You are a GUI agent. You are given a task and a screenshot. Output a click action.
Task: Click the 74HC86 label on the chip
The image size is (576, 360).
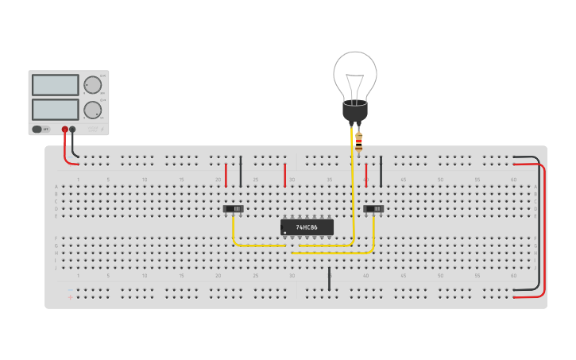[307, 227]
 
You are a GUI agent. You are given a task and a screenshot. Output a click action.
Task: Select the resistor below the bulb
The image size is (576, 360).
[358, 143]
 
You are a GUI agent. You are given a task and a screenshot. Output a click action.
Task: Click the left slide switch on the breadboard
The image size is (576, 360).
[233, 209]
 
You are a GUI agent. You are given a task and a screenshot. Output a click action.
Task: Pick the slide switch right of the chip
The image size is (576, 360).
[373, 209]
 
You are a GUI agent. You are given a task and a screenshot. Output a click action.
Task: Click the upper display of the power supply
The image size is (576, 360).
[55, 85]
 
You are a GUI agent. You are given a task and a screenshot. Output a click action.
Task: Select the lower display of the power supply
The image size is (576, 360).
[55, 109]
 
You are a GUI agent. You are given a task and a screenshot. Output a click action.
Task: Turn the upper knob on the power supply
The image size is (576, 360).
[93, 85]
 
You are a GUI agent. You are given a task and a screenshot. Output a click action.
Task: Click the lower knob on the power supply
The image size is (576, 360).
[93, 110]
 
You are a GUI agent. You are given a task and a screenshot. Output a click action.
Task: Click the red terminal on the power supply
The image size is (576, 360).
[65, 129]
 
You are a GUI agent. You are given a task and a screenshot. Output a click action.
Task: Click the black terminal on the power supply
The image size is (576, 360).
[72, 129]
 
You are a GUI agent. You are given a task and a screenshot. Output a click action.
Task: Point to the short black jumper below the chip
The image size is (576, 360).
[329, 278]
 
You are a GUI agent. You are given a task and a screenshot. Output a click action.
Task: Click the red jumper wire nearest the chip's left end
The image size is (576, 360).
[284, 175]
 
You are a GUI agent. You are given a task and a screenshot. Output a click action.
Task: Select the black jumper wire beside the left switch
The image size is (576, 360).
[241, 171]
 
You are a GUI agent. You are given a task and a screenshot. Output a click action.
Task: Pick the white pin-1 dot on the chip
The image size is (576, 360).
[284, 233]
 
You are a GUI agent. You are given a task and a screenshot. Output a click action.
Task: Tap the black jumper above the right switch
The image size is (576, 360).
[381, 171]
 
